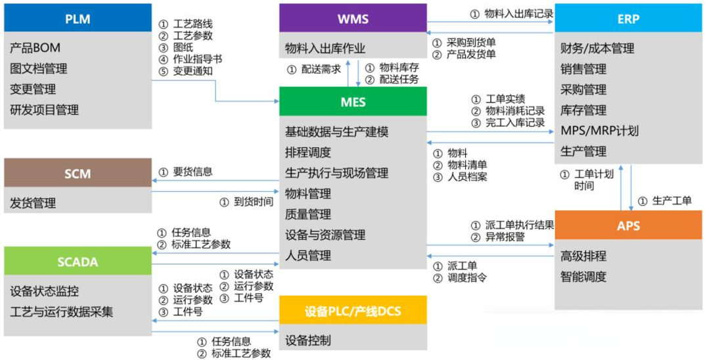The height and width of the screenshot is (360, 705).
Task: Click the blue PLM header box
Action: pos(78,18)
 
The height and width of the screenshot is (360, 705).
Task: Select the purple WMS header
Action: pos(353,18)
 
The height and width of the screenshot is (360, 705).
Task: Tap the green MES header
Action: pos(353,102)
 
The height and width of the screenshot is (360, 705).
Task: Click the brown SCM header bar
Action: pos(78,174)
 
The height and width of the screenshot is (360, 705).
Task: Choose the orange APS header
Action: pos(628,226)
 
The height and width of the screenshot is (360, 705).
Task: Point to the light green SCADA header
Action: pos(78,261)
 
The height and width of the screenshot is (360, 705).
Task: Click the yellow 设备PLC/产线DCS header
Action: pos(353,310)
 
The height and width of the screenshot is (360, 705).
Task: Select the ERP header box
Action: pos(628,18)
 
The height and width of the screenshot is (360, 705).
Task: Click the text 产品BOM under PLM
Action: pos(35,48)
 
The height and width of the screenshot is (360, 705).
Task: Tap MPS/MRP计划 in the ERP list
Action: pos(599,131)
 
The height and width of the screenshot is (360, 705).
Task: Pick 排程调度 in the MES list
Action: pos(308,152)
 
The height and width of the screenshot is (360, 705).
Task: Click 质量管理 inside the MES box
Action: pos(308,214)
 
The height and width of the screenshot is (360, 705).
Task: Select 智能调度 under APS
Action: pos(583,277)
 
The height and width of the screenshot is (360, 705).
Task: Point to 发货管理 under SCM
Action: pos(33,203)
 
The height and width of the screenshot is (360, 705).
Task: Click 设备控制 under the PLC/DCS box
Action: pos(308,340)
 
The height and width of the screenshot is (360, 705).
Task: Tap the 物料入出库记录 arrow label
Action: pos(518,13)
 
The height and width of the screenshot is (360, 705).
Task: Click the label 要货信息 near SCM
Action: pos(192,172)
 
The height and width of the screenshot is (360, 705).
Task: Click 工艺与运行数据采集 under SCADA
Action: pos(62,311)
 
